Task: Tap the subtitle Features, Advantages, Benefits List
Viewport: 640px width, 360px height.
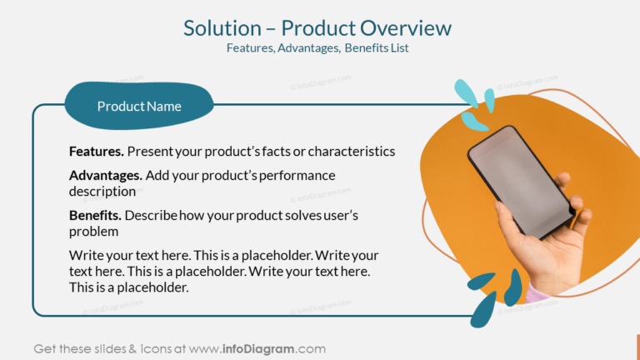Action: (317, 48)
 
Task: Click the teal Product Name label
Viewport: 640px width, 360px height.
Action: (139, 107)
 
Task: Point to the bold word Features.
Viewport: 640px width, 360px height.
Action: (97, 152)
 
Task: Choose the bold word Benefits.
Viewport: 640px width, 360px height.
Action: (95, 216)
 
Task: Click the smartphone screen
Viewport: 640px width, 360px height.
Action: (521, 179)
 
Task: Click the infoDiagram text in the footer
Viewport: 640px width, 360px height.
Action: (257, 348)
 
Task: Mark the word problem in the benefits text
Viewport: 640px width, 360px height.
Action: (93, 231)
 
